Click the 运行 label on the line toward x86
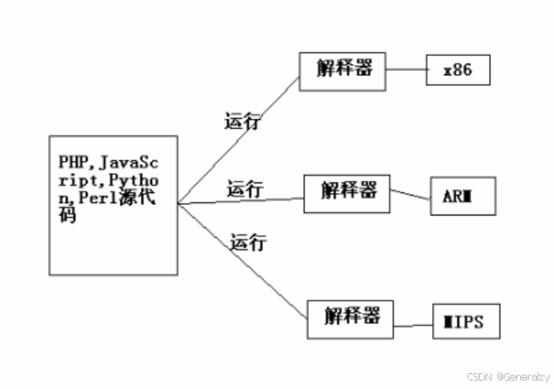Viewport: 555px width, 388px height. (241, 121)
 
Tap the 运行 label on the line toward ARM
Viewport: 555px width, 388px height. (245, 189)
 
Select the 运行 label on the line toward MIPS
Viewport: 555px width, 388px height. (249, 242)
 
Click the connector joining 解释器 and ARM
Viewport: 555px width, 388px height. (410, 195)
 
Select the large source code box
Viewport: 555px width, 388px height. (113, 204)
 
